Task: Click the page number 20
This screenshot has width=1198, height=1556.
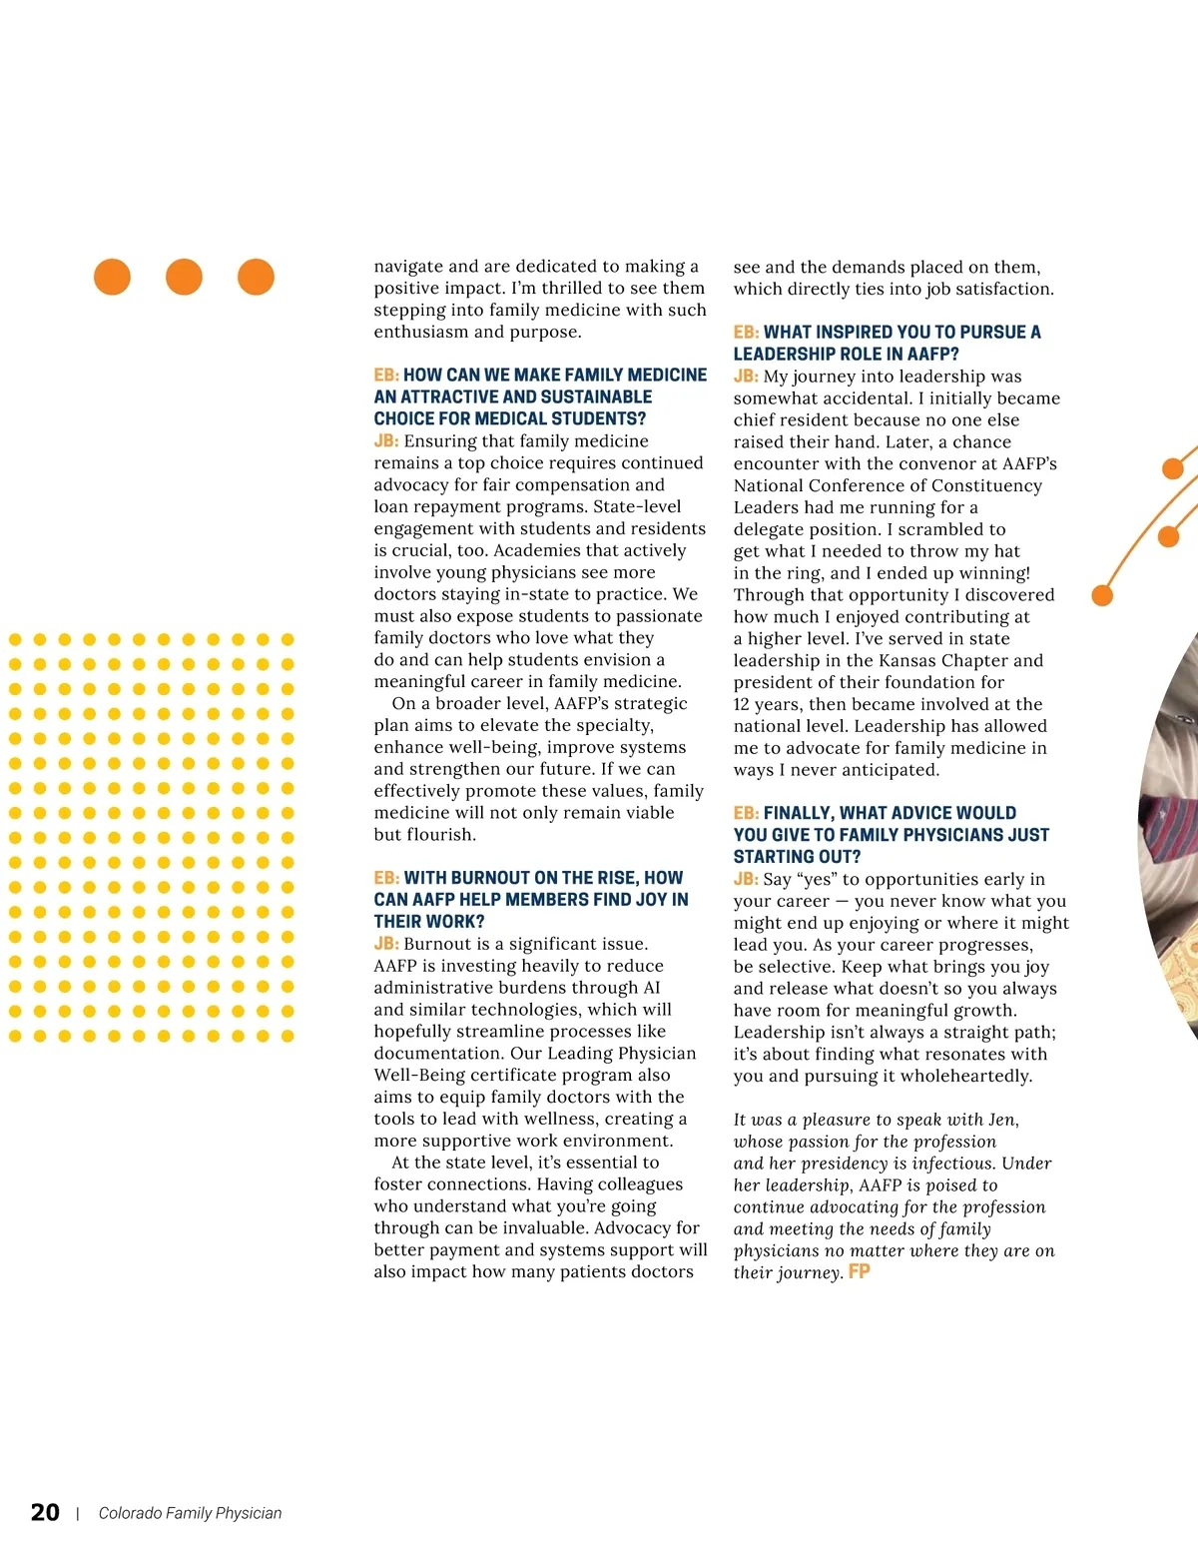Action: tap(45, 1512)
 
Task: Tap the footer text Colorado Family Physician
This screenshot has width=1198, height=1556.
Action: tap(190, 1513)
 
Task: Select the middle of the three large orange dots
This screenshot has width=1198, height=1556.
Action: tap(184, 277)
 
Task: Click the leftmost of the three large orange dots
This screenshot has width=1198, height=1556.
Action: tap(112, 277)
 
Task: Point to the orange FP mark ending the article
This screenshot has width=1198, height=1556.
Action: tap(860, 1271)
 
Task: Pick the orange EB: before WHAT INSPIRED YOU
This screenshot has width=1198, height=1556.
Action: tap(746, 332)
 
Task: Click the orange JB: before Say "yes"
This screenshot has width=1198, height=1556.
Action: tap(746, 879)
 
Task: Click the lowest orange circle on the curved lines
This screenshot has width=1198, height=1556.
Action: tap(1102, 596)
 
